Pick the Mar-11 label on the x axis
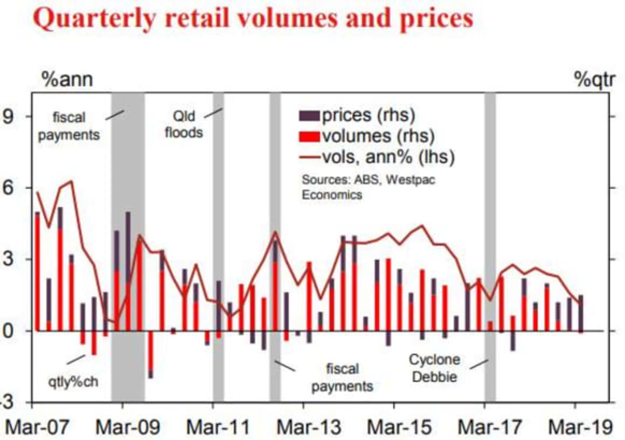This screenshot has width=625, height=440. [x=218, y=428]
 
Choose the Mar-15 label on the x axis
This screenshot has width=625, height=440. [x=399, y=428]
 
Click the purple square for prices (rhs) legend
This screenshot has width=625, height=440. [x=309, y=115]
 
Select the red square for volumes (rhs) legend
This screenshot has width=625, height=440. [x=309, y=136]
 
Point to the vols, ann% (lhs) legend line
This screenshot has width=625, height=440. [x=309, y=157]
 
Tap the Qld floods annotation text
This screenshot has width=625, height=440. [x=184, y=123]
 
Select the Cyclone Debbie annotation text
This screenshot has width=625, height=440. [x=434, y=367]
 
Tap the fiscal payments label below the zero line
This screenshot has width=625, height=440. [x=342, y=377]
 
